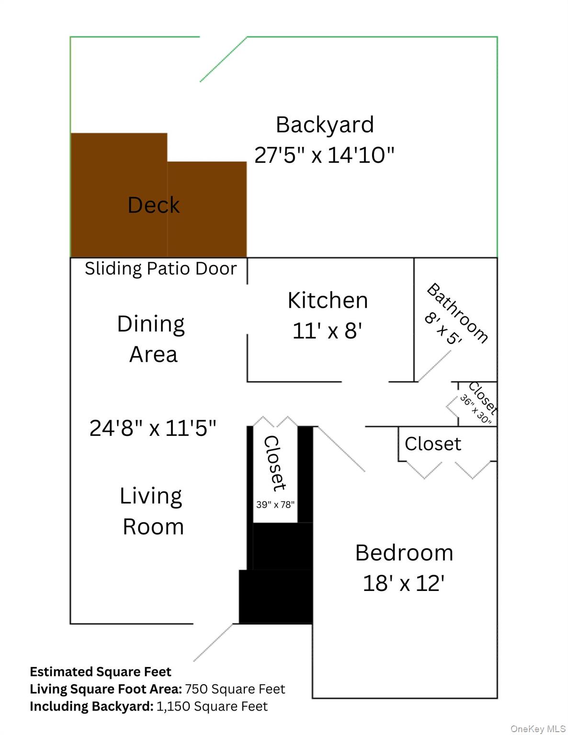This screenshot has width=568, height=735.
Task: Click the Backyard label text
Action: click(x=325, y=125)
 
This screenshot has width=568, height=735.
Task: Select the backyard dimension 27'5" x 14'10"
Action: click(x=324, y=155)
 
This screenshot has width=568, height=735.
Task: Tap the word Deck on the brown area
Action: click(x=153, y=205)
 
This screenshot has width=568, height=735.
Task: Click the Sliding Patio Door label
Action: click(x=160, y=268)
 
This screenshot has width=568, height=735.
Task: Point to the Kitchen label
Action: click(x=328, y=301)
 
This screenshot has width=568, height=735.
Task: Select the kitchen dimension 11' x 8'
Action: click(x=327, y=331)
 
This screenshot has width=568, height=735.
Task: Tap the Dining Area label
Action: click(x=151, y=339)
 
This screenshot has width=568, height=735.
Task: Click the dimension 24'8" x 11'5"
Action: click(x=153, y=428)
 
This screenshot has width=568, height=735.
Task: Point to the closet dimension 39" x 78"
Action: click(x=275, y=504)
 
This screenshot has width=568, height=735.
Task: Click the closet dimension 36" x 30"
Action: click(x=476, y=410)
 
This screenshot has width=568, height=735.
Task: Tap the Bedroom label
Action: click(x=404, y=553)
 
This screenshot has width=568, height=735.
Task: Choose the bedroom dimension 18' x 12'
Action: click(x=404, y=583)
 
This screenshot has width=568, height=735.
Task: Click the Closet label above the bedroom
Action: click(x=432, y=444)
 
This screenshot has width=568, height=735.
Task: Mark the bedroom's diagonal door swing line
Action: click(x=341, y=449)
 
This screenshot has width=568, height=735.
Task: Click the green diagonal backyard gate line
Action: click(x=223, y=59)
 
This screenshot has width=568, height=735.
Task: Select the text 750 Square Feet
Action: click(x=235, y=689)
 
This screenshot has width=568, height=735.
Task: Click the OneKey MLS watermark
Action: click(x=538, y=729)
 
